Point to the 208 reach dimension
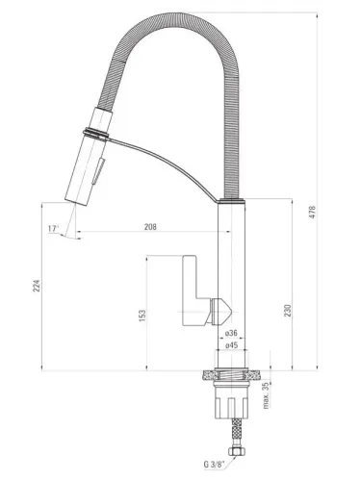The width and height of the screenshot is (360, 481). pos(151,228)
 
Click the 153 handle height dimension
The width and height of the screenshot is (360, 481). pos(141,316)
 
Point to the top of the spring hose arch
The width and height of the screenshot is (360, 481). pos(173,19)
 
